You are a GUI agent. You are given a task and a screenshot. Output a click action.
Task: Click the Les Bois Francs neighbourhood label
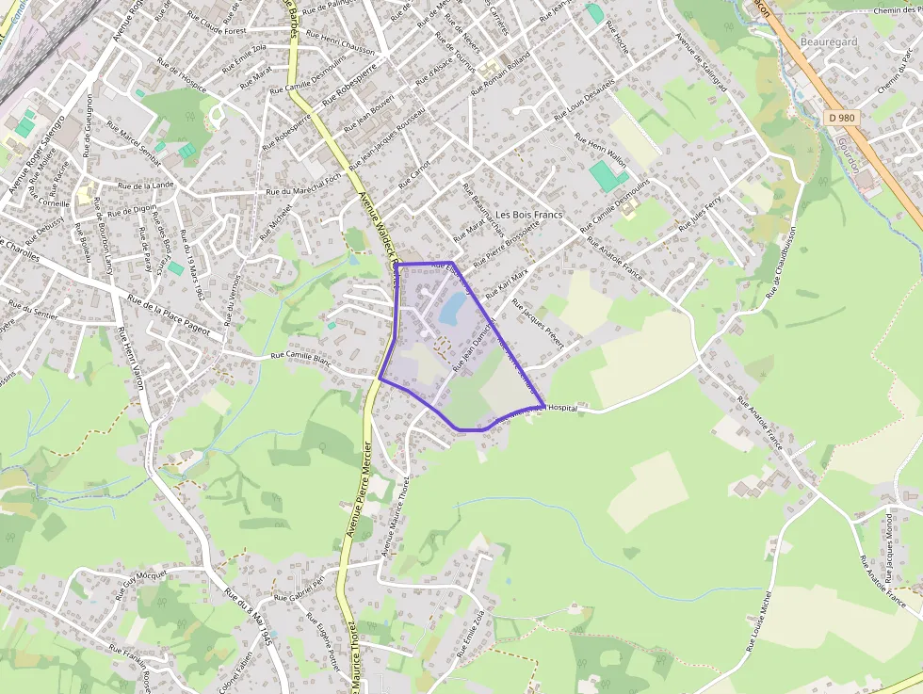click(528, 215)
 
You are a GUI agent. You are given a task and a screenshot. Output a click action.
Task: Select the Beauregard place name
click(828, 42)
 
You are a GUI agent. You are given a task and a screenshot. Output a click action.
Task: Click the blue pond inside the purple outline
click(454, 305)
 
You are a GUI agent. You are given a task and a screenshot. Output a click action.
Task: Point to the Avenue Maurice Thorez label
click(397, 514)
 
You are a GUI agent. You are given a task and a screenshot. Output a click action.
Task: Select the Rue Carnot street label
click(414, 173)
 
